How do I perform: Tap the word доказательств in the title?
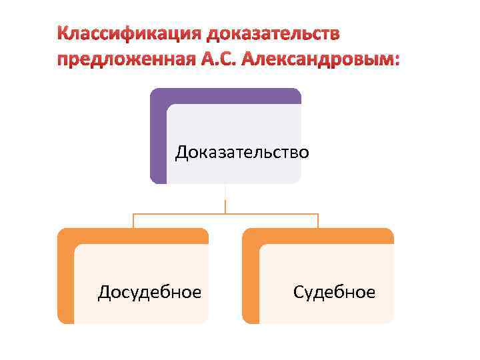click(x=274, y=33)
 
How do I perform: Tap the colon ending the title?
click(x=398, y=61)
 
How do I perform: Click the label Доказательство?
click(x=242, y=153)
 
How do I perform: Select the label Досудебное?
click(x=149, y=291)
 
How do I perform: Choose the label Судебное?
click(x=334, y=291)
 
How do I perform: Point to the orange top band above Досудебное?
click(x=133, y=236)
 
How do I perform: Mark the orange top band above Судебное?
click(x=318, y=236)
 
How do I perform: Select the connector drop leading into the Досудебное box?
click(x=133, y=221)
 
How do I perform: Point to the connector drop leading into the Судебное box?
click(x=318, y=221)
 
